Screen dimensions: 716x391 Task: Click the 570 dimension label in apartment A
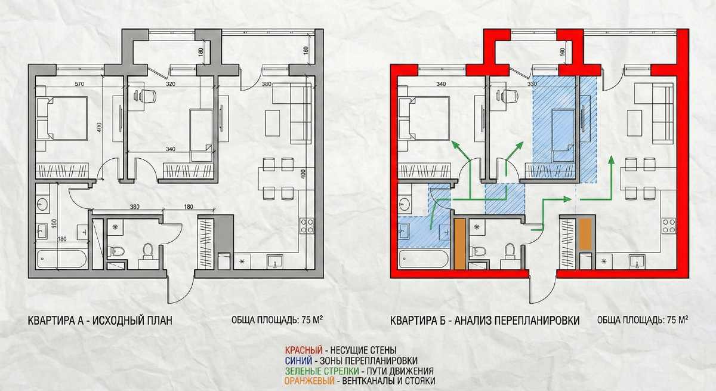click(79, 84)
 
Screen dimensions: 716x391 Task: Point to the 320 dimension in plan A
click(171, 84)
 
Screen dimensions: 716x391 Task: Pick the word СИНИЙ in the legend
click(298, 361)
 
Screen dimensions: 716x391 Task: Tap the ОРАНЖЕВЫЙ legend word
click(310, 381)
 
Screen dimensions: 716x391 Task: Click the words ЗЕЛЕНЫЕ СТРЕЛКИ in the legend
click(322, 371)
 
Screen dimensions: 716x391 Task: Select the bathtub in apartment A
click(61, 259)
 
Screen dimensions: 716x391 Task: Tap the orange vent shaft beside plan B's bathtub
click(459, 244)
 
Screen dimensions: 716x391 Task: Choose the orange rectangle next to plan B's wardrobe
click(585, 234)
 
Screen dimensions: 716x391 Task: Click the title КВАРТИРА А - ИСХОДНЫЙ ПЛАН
click(100, 321)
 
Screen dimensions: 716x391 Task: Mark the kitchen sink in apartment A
click(275, 261)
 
